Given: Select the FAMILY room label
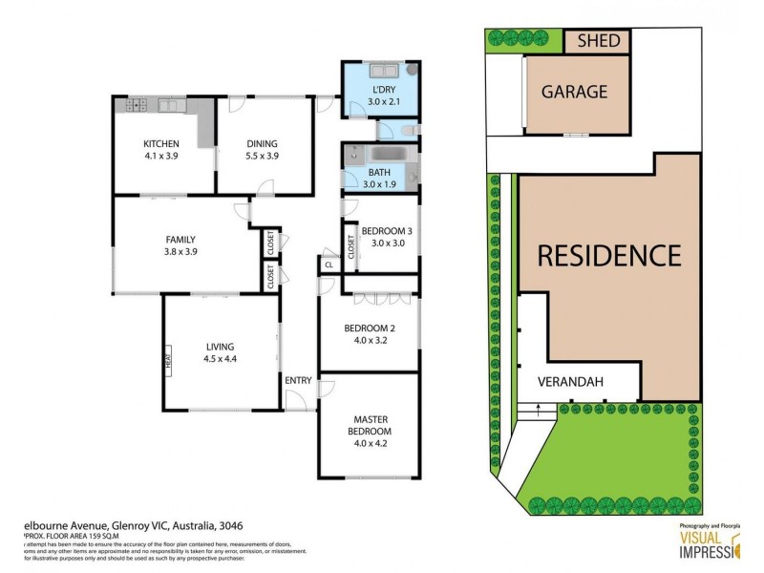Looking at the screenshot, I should click(x=180, y=240).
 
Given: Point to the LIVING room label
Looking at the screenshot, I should click(x=219, y=347).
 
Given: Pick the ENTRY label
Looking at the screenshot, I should click(x=298, y=381).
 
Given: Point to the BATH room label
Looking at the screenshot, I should click(x=379, y=172).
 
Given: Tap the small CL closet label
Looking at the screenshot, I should click(x=329, y=265).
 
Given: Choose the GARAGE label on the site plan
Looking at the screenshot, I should click(x=574, y=92).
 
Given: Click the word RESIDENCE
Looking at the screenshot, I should click(x=609, y=256).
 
